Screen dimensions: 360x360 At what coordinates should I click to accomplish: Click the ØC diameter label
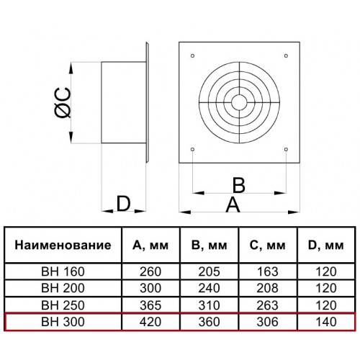pyautogui.click(x=63, y=103)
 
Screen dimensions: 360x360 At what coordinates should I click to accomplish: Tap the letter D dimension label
pyautogui.click(x=123, y=204)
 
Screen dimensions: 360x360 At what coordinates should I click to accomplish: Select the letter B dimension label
pyautogui.click(x=239, y=185)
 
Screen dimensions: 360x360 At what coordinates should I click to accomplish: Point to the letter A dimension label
pyautogui.click(x=233, y=204)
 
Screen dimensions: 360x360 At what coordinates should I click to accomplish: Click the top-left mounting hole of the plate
pyautogui.click(x=192, y=56)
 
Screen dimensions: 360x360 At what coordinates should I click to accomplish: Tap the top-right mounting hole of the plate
pyautogui.click(x=286, y=56)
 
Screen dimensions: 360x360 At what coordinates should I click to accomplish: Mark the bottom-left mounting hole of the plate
pyautogui.click(x=192, y=149)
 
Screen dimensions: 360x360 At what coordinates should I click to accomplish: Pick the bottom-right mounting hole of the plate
pyautogui.click(x=286, y=149)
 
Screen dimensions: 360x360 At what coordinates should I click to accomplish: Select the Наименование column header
pyautogui.click(x=63, y=245)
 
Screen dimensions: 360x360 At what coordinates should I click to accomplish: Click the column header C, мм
pyautogui.click(x=267, y=246)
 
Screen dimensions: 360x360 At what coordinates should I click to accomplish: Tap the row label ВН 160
pyautogui.click(x=63, y=271)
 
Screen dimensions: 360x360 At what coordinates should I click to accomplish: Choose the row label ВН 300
pyautogui.click(x=63, y=322)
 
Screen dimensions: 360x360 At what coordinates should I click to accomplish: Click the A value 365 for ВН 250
pyautogui.click(x=150, y=305)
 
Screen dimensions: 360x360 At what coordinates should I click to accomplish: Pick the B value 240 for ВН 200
pyautogui.click(x=209, y=288)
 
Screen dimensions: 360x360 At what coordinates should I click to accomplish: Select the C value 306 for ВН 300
pyautogui.click(x=267, y=322)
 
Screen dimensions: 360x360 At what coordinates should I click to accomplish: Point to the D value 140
pyautogui.click(x=326, y=322)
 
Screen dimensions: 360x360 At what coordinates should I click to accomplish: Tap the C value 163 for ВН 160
pyautogui.click(x=268, y=271)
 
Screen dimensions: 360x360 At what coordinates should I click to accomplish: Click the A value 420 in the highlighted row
pyautogui.click(x=150, y=322)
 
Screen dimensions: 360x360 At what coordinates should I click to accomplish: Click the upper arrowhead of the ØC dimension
pyautogui.click(x=71, y=68)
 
